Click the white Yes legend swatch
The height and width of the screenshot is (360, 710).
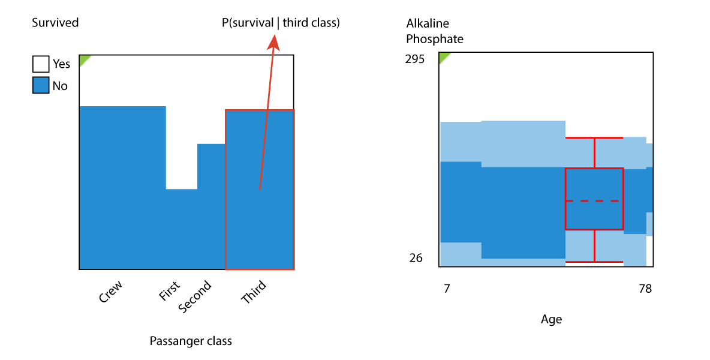coord(41,64)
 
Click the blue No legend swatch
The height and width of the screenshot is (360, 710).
coord(41,86)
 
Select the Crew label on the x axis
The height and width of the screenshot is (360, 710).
coord(110,292)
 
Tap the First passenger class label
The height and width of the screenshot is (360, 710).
coord(169,291)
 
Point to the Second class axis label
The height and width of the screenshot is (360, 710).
coord(195,296)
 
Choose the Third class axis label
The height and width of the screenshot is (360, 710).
coord(254,292)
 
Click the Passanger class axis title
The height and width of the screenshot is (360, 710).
coord(191,341)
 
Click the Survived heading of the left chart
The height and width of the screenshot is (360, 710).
coord(55,23)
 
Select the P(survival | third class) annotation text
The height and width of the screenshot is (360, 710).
coord(281,23)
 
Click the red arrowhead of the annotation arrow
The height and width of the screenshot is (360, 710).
coord(273,42)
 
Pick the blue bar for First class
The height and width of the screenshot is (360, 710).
coord(182,229)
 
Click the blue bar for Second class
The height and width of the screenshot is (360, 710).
coord(212,206)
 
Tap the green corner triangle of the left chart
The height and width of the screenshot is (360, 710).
coord(84,59)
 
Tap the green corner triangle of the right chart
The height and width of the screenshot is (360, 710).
coord(444,56)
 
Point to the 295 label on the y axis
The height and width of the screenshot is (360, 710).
coord(415,59)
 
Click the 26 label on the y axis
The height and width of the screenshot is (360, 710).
coord(416,257)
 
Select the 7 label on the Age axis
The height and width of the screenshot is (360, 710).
coord(447,289)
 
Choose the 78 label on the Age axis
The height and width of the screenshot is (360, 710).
coord(645,289)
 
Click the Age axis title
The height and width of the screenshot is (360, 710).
coord(551,320)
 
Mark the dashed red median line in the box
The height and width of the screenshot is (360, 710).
coord(594,200)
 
